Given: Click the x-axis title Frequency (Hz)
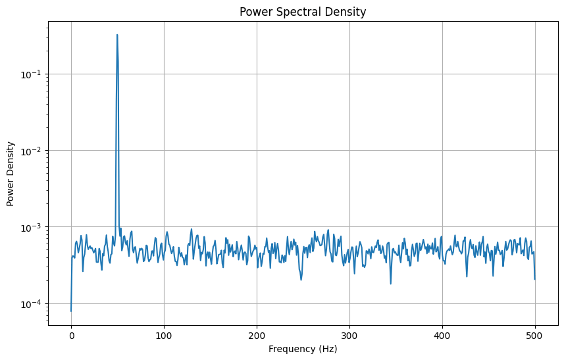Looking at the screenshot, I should point(303,349).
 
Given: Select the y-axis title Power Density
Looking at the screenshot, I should point(11,176).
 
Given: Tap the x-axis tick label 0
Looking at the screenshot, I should point(71,335).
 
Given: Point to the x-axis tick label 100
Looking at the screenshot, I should point(164,335).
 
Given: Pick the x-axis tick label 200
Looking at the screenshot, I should point(257,335).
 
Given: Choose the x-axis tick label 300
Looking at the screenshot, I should point(349,335).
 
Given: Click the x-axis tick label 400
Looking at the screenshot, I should point(442,335).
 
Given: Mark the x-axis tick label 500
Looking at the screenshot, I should point(535,335).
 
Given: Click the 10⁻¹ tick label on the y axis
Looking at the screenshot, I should point(34,74).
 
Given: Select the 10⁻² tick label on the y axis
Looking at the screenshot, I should point(34,151).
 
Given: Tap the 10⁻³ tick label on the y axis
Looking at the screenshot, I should point(34,227).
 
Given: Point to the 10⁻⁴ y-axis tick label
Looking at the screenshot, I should point(34,304).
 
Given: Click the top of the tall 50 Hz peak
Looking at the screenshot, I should point(117,35).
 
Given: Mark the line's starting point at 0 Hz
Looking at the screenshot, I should point(71,311).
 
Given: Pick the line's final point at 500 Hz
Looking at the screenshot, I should point(535,279).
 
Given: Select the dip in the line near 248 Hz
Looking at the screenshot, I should point(301,280).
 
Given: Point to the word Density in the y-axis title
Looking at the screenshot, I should point(11,161).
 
